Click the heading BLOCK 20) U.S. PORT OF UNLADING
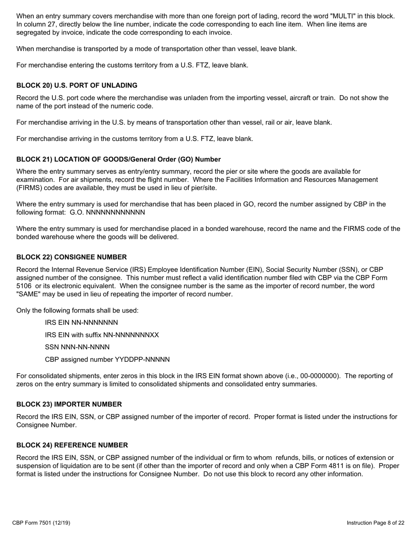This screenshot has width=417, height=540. click(x=77, y=85)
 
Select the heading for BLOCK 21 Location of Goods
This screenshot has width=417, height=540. click(x=119, y=159)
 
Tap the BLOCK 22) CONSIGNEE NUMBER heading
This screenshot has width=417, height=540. click(x=72, y=257)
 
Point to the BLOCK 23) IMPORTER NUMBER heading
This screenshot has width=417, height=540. click(x=69, y=404)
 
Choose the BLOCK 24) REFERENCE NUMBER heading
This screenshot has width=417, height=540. click(x=72, y=445)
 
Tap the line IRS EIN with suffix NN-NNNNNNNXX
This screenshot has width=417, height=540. click(x=102, y=335)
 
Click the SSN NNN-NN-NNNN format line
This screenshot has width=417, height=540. click(x=77, y=347)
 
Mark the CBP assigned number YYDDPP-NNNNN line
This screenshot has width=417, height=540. click(x=107, y=360)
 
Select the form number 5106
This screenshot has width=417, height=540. click(x=24, y=286)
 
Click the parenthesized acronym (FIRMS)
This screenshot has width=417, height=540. click(x=29, y=188)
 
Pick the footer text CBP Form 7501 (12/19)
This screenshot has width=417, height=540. click(x=41, y=523)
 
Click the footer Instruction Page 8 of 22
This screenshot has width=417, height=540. click(x=375, y=523)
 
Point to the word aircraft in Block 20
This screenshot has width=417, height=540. click(x=302, y=97)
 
